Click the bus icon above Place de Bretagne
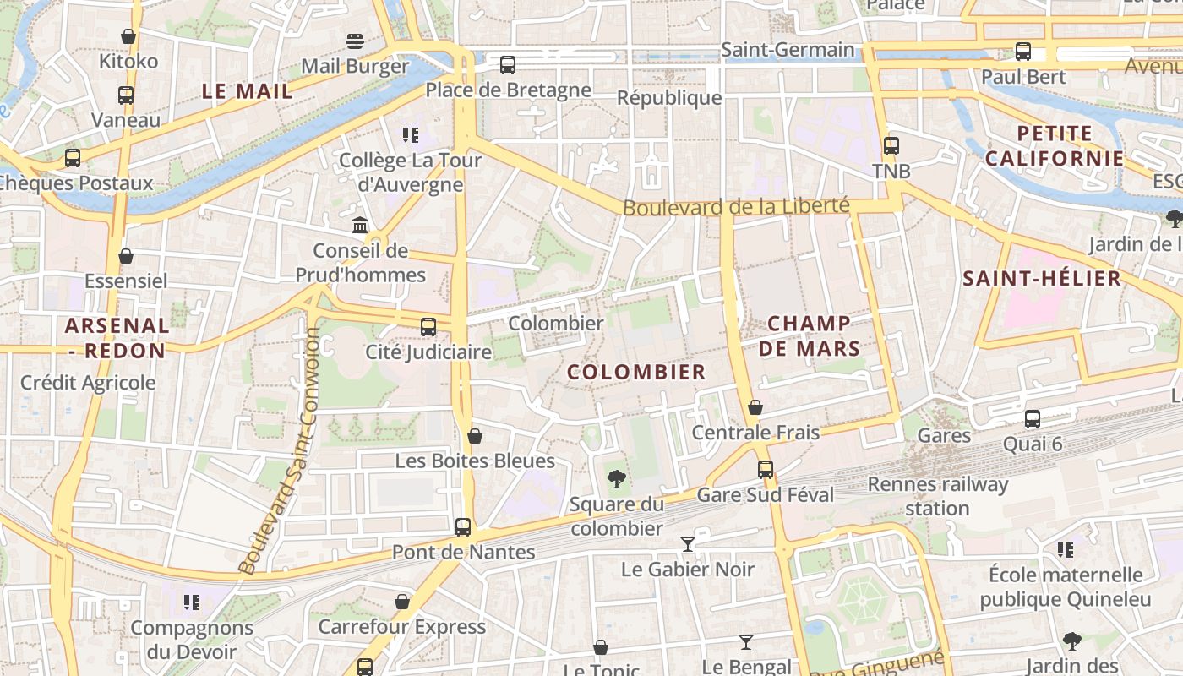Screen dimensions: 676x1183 coord(507,64)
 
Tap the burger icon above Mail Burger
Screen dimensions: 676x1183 coord(355,41)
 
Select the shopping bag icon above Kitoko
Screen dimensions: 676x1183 coord(128,36)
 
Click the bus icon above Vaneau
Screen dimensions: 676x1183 coord(126,95)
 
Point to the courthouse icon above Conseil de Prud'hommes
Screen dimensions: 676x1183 coord(360,225)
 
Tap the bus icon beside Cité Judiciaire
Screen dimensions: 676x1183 coord(428,326)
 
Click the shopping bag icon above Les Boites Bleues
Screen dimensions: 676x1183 coord(475,436)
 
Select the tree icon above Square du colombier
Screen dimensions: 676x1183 coord(617,479)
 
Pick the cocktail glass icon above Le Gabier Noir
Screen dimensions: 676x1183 coord(688,544)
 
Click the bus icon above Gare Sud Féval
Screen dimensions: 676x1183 coord(765,469)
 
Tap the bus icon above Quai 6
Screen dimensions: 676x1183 coord(1032,418)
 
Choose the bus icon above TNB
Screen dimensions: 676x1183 coord(891,146)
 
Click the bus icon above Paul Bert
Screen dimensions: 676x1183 coord(1023,52)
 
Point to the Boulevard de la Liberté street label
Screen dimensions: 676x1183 coord(736,206)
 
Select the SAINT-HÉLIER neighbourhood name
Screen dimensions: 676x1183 coord(1042,278)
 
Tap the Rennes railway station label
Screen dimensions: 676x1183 coord(938,496)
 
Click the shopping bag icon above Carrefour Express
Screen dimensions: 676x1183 coord(402,602)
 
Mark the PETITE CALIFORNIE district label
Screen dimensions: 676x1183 coord(1055,145)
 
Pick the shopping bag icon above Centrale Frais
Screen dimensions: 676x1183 coord(755,407)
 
